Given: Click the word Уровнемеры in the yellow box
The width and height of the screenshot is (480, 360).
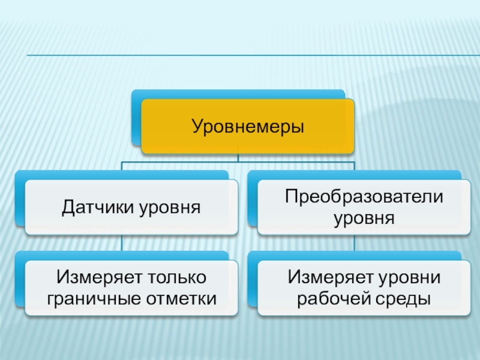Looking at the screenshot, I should [x=248, y=127].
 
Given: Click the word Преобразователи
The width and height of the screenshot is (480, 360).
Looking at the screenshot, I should [x=364, y=196].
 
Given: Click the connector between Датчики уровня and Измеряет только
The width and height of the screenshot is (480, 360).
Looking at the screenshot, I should [x=122, y=243].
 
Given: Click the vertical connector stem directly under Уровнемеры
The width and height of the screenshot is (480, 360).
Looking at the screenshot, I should [x=238, y=157].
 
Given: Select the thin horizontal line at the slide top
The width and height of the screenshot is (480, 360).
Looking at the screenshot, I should [x=240, y=56].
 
